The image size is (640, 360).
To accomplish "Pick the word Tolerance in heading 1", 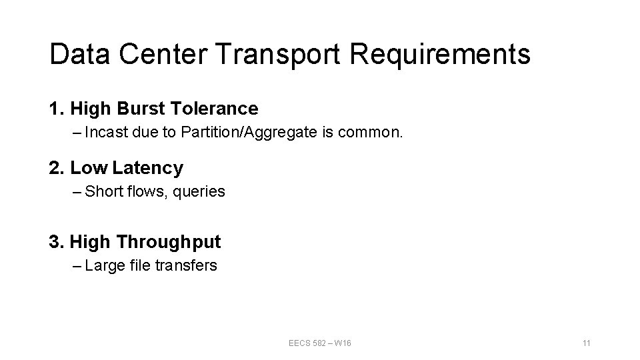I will [215, 108].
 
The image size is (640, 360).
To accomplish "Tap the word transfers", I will [186, 265].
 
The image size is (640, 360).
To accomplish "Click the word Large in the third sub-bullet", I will [103, 265].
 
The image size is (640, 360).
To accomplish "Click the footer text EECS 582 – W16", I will [320, 343].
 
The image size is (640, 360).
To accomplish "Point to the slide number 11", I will [587, 343].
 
